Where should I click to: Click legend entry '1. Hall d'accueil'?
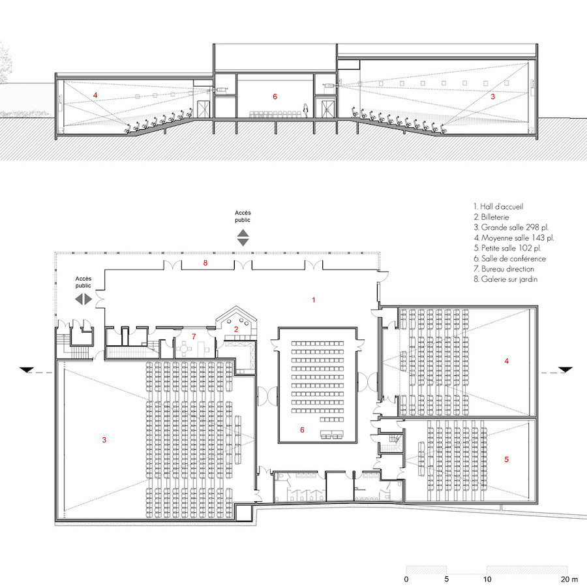(x=498, y=207)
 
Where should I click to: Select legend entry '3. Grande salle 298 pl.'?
(x=511, y=227)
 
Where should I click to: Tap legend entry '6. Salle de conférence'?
(x=509, y=258)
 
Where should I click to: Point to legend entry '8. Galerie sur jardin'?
(x=505, y=279)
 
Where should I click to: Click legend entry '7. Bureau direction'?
(x=504, y=269)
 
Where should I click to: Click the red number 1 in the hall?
(x=314, y=300)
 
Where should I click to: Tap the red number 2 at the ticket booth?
(x=236, y=330)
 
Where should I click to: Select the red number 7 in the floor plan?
(x=194, y=337)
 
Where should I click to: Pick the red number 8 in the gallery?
(x=205, y=263)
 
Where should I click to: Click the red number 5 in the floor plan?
(x=507, y=459)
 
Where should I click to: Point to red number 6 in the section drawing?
(x=275, y=97)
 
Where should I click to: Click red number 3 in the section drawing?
(x=492, y=97)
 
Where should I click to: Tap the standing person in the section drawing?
(x=305, y=110)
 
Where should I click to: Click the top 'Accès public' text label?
(x=243, y=217)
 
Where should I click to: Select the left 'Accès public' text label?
(x=83, y=282)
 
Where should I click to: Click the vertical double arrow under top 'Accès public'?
(x=243, y=238)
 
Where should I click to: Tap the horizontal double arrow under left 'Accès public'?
(x=83, y=299)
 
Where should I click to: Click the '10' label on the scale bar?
(x=487, y=579)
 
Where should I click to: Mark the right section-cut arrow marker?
(x=565, y=370)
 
